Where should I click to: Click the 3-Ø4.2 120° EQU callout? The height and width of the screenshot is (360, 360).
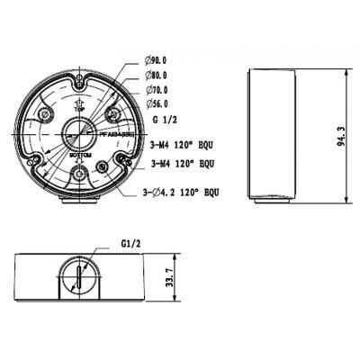coord(180,192)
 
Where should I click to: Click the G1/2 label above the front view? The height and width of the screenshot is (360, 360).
coord(132,242)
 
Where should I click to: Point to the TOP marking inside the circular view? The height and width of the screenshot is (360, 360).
coord(78,106)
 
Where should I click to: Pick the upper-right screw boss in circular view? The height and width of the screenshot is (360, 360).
coord(112,115)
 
